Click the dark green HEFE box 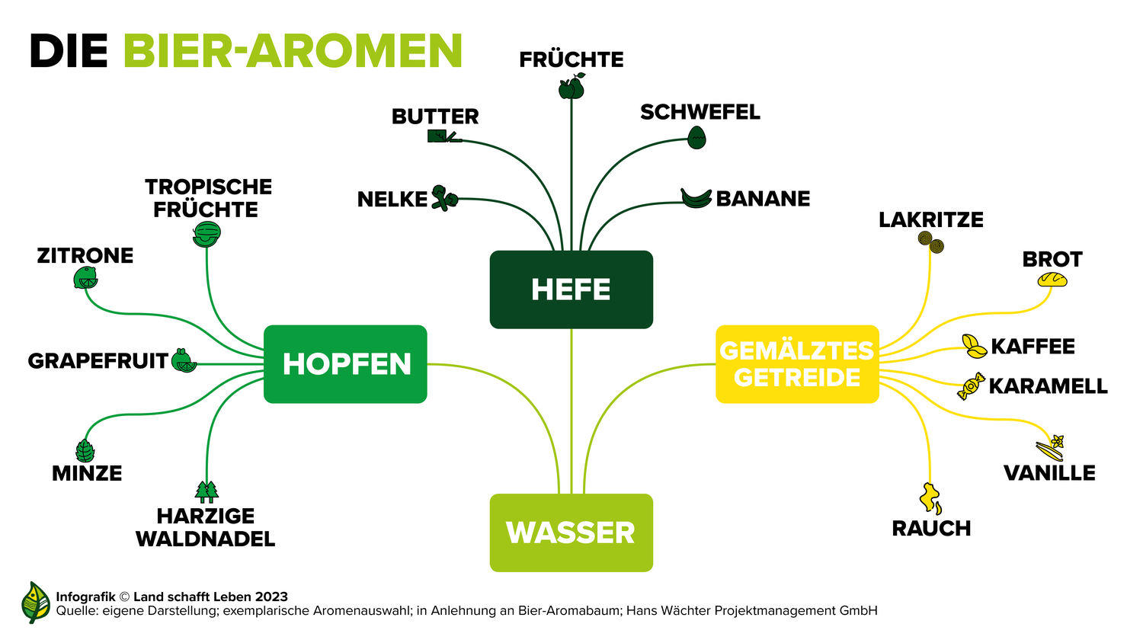(x=571, y=290)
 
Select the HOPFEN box (x=345, y=364)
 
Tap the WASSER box (x=571, y=533)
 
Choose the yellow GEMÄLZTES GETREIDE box (x=797, y=364)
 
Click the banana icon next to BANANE (x=696, y=199)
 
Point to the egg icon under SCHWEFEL (x=696, y=137)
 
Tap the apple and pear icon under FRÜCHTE (x=571, y=86)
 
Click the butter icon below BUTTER (x=444, y=136)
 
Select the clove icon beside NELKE (x=444, y=199)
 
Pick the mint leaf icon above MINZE (x=85, y=450)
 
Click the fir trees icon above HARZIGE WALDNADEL (x=207, y=491)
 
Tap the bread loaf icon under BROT (x=1052, y=280)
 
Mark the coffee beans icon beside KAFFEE (x=974, y=347)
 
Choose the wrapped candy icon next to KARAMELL (x=971, y=385)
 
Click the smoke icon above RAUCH (x=930, y=498)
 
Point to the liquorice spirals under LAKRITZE (x=930, y=242)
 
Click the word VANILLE (x=1049, y=473)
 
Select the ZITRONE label (x=85, y=256)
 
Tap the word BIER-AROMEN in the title (x=293, y=50)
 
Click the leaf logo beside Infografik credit (x=36, y=603)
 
